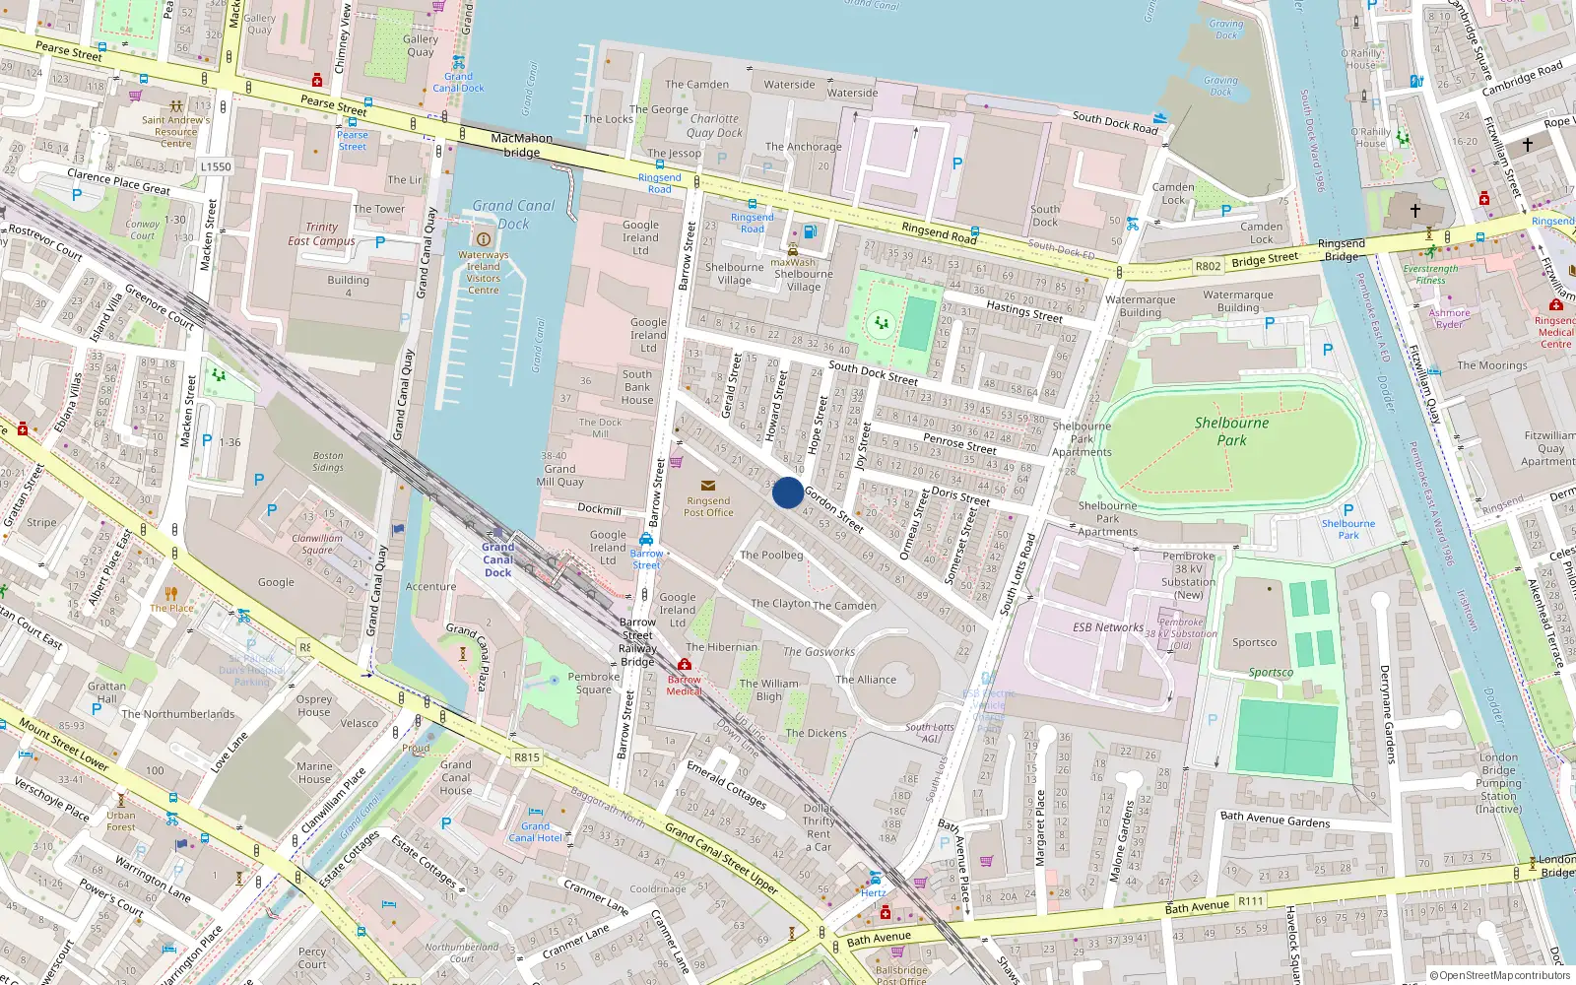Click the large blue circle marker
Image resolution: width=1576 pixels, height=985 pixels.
pyautogui.click(x=787, y=492)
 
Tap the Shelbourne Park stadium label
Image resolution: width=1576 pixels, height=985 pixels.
pyautogui.click(x=1231, y=431)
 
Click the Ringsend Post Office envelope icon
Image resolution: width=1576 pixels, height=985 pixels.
pyautogui.click(x=707, y=486)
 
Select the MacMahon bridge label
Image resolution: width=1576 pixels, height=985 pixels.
pyautogui.click(x=521, y=145)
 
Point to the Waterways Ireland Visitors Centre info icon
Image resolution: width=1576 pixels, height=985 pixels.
pyautogui.click(x=483, y=239)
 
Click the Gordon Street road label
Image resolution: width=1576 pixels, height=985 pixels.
pyautogui.click(x=833, y=509)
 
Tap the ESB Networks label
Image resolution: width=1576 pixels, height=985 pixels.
pyautogui.click(x=1108, y=627)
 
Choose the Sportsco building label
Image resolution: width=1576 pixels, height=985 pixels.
pyautogui.click(x=1254, y=642)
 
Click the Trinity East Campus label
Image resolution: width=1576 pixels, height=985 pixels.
pyautogui.click(x=321, y=233)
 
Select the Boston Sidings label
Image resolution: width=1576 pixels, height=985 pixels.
pyautogui.click(x=328, y=461)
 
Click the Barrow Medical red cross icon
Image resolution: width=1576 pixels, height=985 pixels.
pyautogui.click(x=685, y=665)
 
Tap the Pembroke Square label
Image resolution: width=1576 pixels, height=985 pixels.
pyautogui.click(x=593, y=683)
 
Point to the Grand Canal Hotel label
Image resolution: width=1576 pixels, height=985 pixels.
pyautogui.click(x=535, y=832)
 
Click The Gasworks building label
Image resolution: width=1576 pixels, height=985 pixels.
pyautogui.click(x=819, y=652)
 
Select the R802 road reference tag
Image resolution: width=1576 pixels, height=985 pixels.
pyautogui.click(x=1208, y=266)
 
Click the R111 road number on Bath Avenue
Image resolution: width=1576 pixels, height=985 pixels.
pyautogui.click(x=1251, y=901)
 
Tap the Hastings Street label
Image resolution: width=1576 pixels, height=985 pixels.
pyautogui.click(x=1024, y=312)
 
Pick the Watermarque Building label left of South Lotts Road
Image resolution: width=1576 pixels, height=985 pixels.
pyautogui.click(x=1140, y=305)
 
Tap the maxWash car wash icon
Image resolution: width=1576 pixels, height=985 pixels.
pyautogui.click(x=792, y=250)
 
